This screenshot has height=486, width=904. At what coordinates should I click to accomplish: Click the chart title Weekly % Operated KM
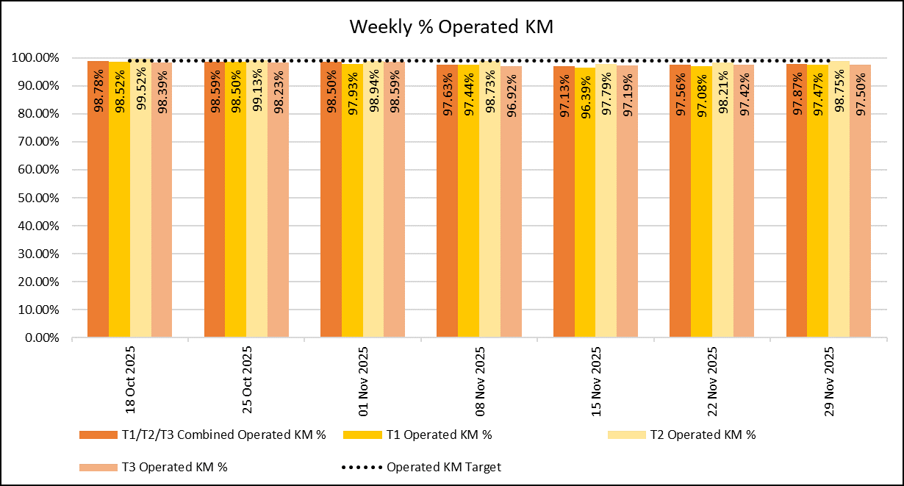[451, 27]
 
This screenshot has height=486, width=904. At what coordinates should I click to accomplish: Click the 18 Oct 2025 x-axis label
[131, 382]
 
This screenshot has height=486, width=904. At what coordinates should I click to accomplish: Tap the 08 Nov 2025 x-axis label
[480, 382]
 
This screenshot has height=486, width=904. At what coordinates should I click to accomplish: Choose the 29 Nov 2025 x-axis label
[829, 382]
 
